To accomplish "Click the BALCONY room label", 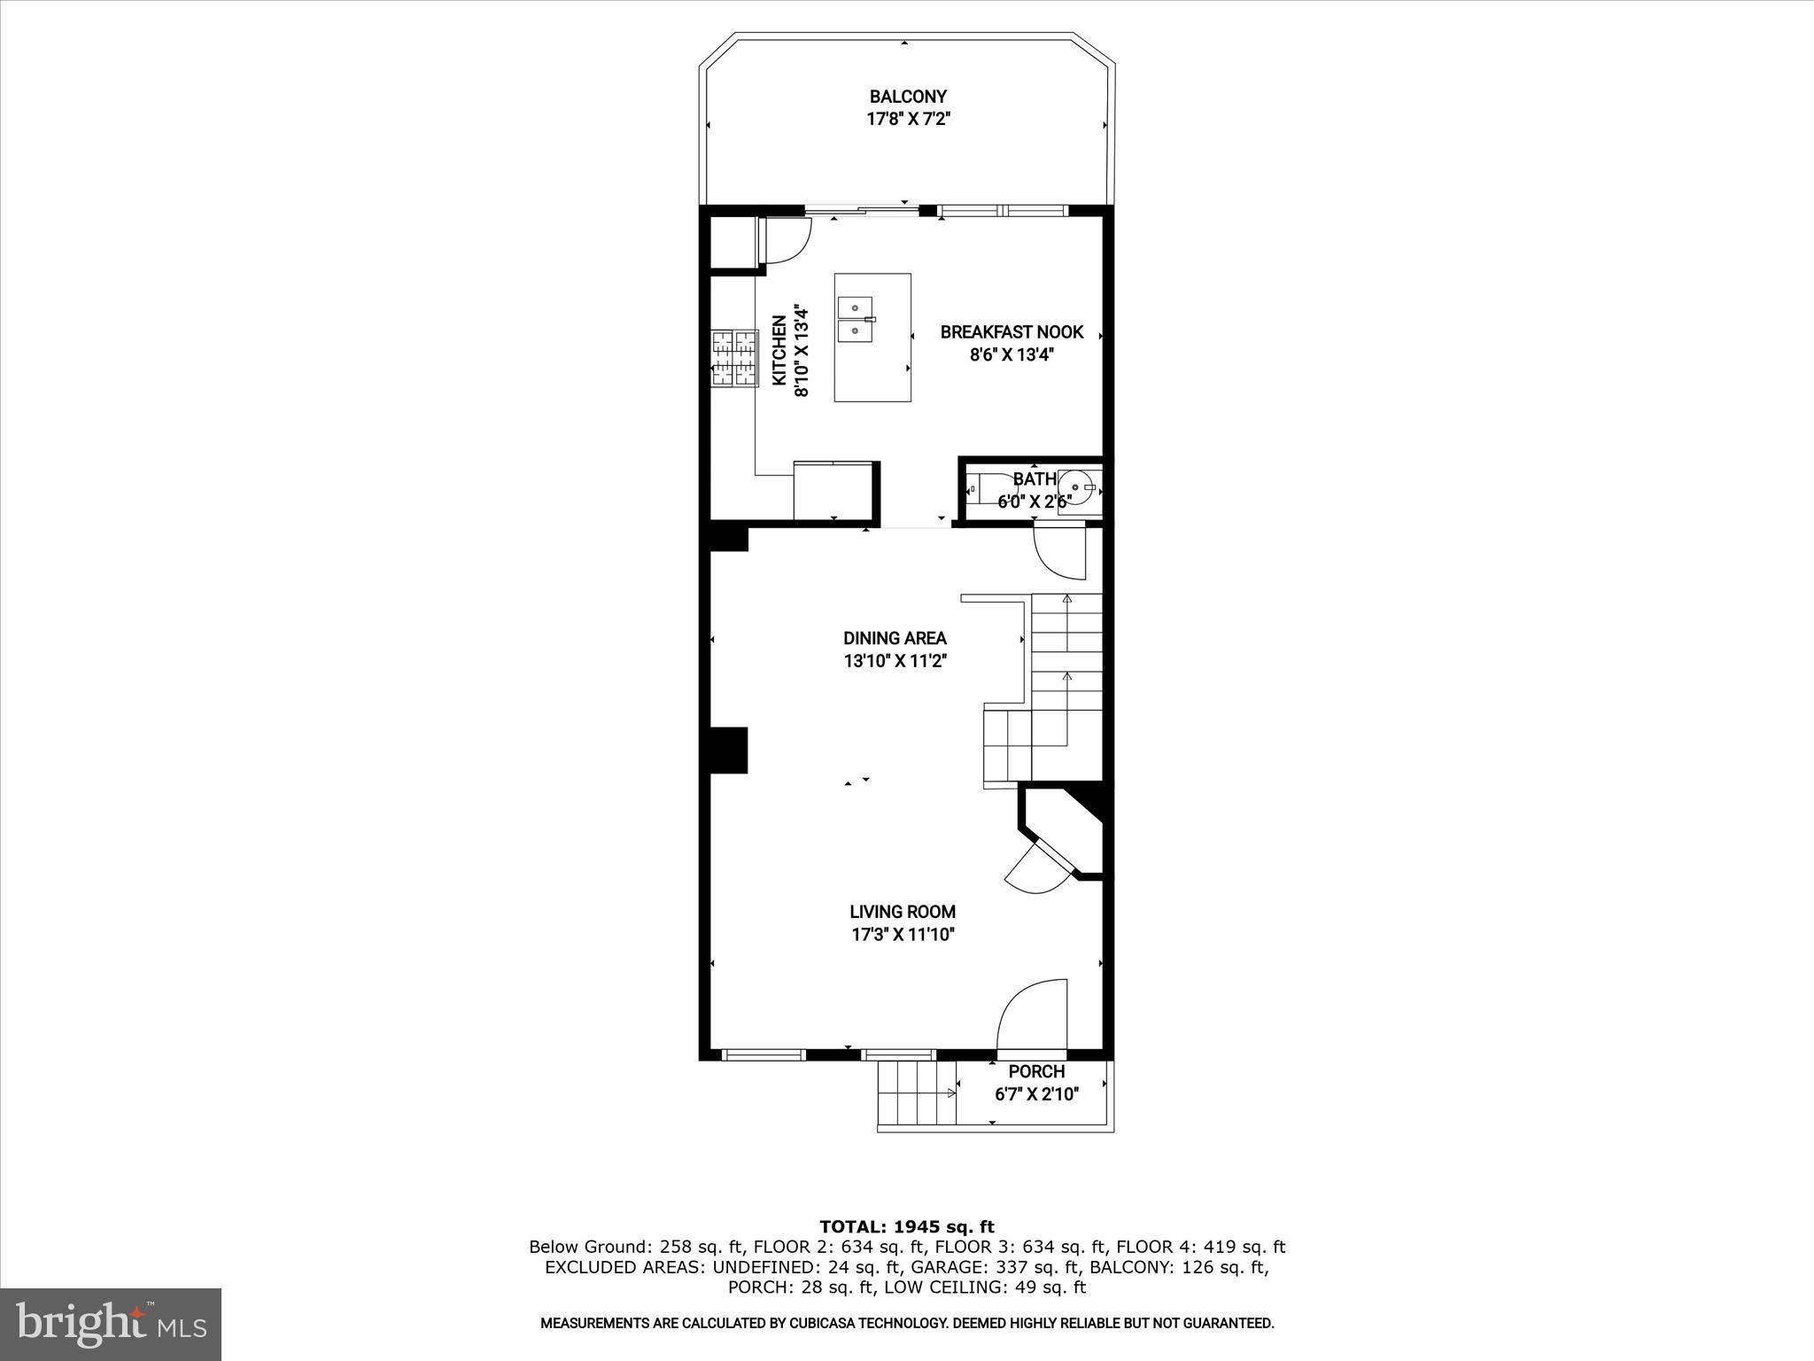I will (907, 97).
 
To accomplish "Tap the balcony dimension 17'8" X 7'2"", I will (907, 119).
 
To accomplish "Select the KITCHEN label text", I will (779, 351).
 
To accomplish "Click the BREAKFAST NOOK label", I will (1012, 332).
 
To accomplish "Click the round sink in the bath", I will (1078, 486).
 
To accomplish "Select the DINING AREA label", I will (895, 638).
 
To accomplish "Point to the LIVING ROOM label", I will (903, 911).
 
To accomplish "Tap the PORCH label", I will (1036, 1072).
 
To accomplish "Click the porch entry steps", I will (917, 1093).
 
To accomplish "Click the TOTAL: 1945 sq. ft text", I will (907, 1227).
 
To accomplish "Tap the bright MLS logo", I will (111, 1325).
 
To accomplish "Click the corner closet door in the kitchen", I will (166, 241).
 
